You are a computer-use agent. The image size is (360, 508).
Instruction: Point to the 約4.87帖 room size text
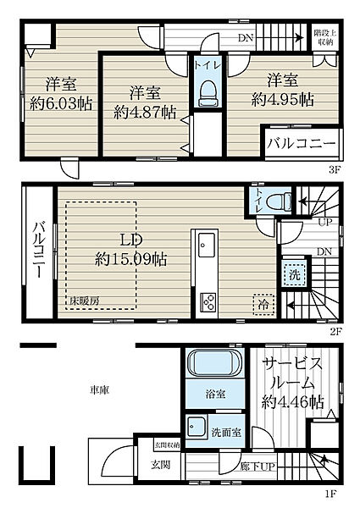[x=141, y=112]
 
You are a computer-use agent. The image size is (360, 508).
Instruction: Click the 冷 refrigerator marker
[x=263, y=303]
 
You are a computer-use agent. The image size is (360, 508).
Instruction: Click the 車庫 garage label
[x=100, y=390]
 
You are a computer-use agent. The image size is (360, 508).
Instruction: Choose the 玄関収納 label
[x=166, y=445]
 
